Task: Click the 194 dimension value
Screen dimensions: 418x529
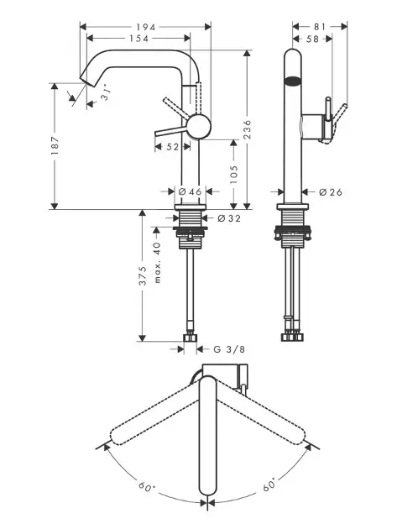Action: tap(146, 27)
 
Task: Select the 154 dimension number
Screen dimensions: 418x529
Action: tap(139, 39)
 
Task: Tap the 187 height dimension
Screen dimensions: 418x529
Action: tap(55, 145)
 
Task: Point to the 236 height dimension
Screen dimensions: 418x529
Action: tap(248, 128)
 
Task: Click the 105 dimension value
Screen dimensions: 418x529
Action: tap(234, 175)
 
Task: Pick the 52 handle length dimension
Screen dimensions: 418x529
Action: tap(172, 147)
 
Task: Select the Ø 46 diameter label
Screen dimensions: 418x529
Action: tap(190, 192)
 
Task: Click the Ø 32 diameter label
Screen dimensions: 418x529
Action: tap(229, 218)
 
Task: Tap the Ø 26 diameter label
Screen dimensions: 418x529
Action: tap(330, 192)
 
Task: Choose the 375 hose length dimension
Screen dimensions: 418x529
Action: tap(143, 275)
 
